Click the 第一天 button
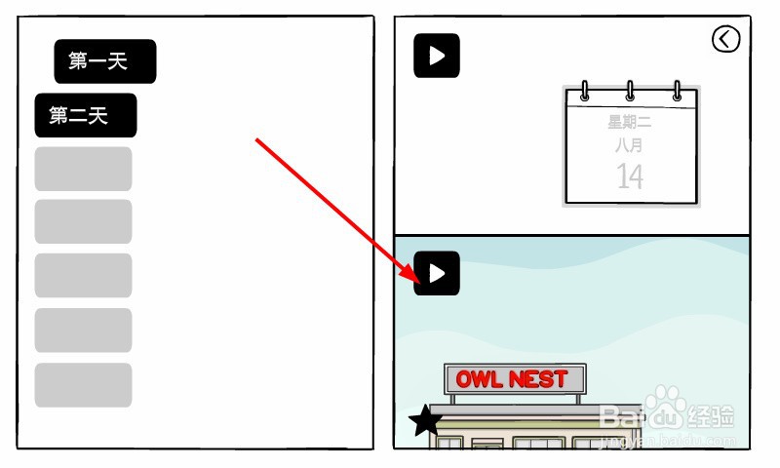point(104,61)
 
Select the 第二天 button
point(85,115)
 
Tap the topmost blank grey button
point(83,169)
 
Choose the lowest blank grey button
point(83,385)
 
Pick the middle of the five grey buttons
point(83,276)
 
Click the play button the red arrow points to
point(437,274)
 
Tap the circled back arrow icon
point(726,39)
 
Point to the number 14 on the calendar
point(630,176)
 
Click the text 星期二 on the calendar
point(630,123)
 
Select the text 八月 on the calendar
point(630,145)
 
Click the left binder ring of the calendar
point(585,91)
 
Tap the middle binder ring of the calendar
point(630,91)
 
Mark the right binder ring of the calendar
point(676,91)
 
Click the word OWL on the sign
point(478,379)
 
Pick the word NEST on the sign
point(538,379)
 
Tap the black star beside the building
point(425,420)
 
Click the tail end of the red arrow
point(257,140)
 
